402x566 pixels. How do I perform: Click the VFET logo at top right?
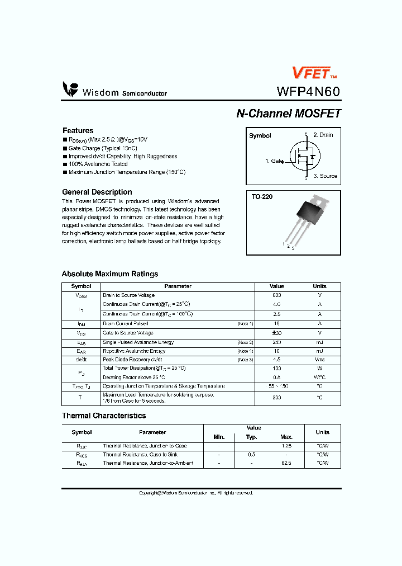314,73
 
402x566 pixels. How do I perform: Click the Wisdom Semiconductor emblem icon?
70,89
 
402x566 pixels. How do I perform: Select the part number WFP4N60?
308,92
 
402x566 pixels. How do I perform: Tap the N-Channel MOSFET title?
288,114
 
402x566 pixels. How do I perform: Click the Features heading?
78,130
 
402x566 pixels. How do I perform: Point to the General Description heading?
97,192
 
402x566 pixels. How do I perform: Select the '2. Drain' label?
323,135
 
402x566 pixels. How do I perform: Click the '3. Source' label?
325,176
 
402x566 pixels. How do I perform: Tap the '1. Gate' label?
274,161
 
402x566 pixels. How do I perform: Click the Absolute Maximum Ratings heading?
109,274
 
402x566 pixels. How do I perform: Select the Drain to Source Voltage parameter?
128,295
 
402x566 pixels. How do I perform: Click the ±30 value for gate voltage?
276,333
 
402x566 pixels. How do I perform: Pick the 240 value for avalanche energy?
276,342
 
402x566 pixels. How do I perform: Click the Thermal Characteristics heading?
103,416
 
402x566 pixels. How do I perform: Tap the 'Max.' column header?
286,437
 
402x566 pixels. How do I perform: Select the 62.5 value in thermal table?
286,463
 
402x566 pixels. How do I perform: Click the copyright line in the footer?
196,493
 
